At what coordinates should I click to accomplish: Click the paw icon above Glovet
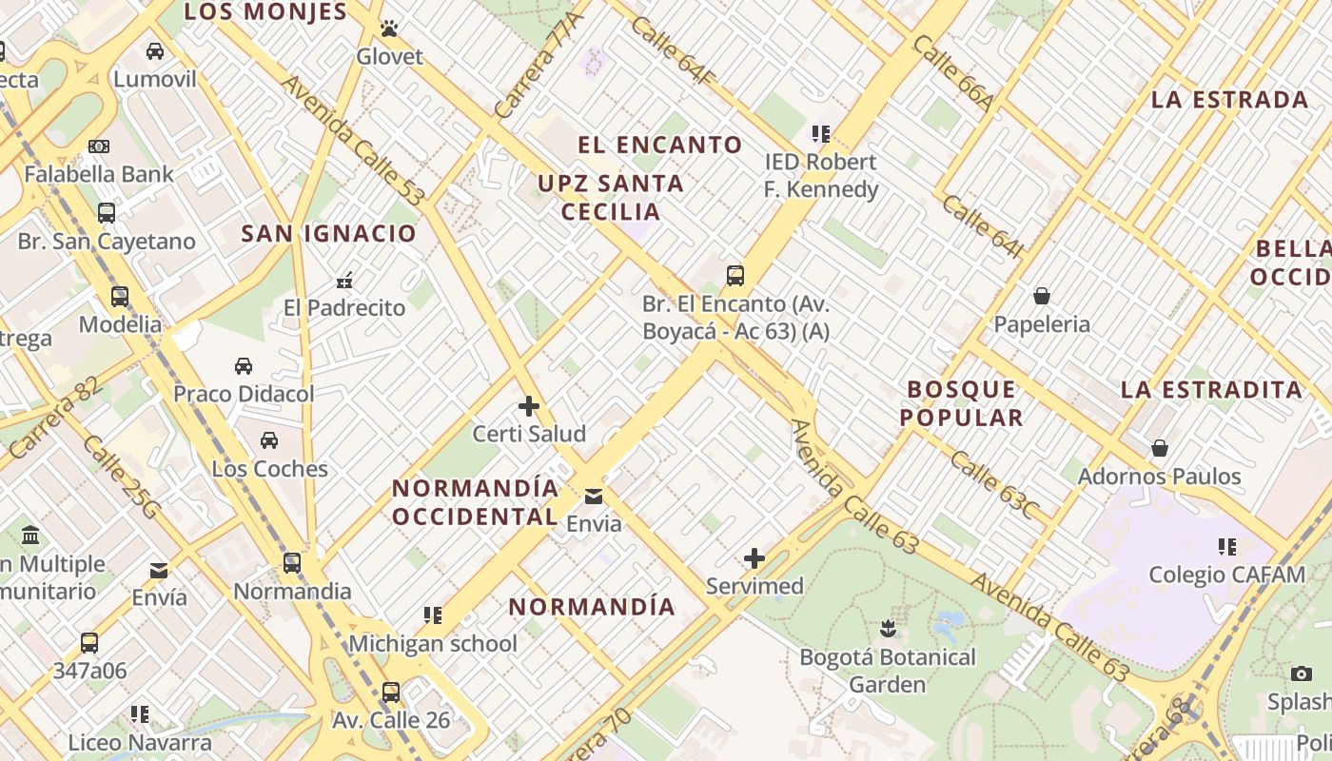[389, 29]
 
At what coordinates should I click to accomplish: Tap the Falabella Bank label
[99, 174]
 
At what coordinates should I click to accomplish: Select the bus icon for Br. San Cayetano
[107, 213]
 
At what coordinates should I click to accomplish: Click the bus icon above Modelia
[120, 296]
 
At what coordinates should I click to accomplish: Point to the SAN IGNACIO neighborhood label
[328, 233]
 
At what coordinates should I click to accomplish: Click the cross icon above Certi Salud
[529, 406]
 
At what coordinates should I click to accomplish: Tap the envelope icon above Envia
[594, 496]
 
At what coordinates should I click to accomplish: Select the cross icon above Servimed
[754, 557]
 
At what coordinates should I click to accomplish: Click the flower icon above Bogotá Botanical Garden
[888, 629]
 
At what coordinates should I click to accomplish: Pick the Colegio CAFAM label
[1226, 575]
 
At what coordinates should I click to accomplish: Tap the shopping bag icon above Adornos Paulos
[1160, 447]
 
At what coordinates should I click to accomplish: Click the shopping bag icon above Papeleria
[1042, 296]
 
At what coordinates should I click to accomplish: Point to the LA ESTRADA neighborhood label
[1229, 100]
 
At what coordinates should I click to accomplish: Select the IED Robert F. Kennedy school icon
[820, 134]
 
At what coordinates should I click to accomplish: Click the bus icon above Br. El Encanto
[735, 276]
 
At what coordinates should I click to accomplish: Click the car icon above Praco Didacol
[244, 365]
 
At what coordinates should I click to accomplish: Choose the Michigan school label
[433, 644]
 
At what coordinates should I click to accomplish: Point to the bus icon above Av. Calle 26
[391, 692]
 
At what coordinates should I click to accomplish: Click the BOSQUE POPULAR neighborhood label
[962, 403]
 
